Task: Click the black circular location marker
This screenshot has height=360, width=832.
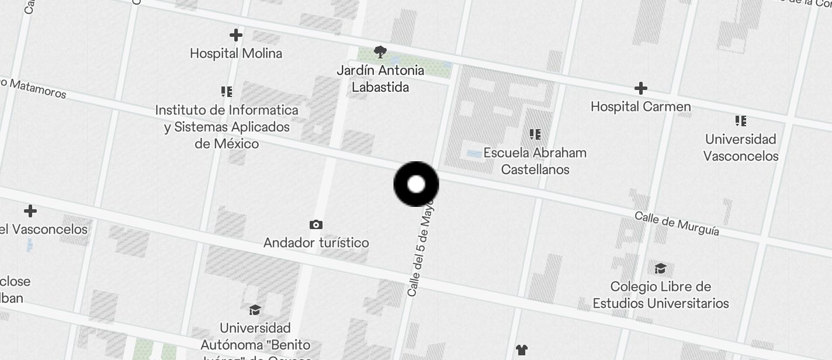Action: [x=416, y=184]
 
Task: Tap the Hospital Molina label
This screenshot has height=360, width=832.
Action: [x=236, y=53]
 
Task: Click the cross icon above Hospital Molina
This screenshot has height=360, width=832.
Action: [x=236, y=35]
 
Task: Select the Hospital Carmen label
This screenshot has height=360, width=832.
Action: [x=640, y=106]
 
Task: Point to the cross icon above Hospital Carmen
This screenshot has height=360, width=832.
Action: [x=640, y=88]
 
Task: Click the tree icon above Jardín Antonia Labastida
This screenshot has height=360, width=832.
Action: [x=380, y=52]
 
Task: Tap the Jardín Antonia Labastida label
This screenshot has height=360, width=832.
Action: [x=380, y=78]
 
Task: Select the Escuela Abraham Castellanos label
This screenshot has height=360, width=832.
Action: [x=535, y=161]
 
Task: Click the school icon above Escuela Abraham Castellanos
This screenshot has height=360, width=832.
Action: [x=535, y=135]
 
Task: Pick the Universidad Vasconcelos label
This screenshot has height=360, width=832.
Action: [x=741, y=147]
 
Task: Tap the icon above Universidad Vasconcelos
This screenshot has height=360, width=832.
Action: [x=741, y=122]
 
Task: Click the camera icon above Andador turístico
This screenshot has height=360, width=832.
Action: [x=316, y=224]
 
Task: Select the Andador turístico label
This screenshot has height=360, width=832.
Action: [x=316, y=242]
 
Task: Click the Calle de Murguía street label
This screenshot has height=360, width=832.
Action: [x=677, y=224]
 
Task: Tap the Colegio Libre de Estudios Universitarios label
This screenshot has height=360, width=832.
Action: [x=661, y=295]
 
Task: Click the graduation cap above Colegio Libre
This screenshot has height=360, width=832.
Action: [x=660, y=268]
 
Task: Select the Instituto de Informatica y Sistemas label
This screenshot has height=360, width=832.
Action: [x=227, y=126]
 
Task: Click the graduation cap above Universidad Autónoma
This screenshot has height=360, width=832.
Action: [x=255, y=310]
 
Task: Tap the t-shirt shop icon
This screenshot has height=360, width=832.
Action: [x=521, y=350]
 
